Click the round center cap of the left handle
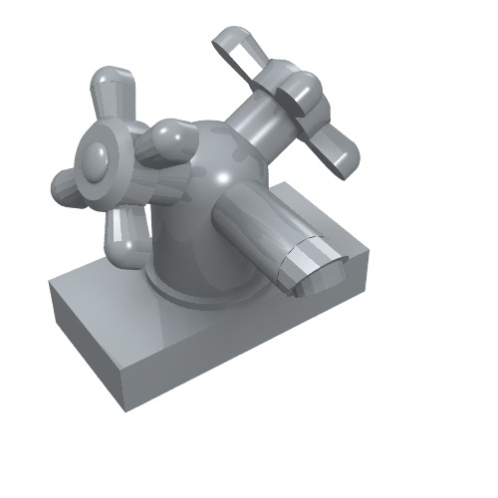97,157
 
